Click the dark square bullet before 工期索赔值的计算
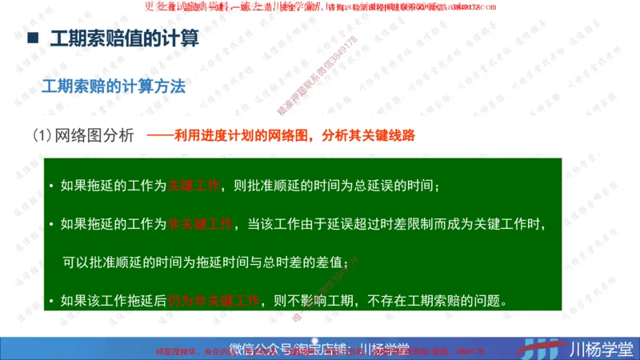point(33,38)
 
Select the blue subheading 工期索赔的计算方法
point(114,86)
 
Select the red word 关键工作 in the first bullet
point(193,186)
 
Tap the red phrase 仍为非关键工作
point(214,301)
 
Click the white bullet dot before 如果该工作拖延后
point(51,302)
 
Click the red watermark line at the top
point(320,6)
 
